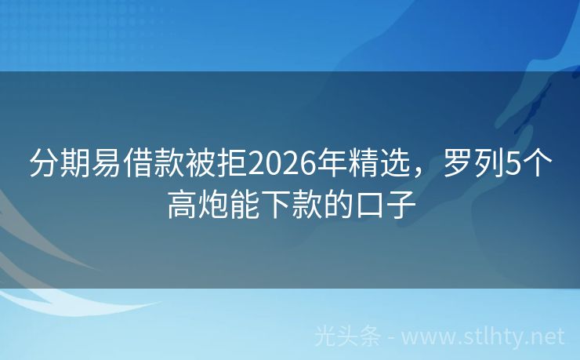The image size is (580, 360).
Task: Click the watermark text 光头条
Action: pyautogui.click(x=347, y=337)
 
